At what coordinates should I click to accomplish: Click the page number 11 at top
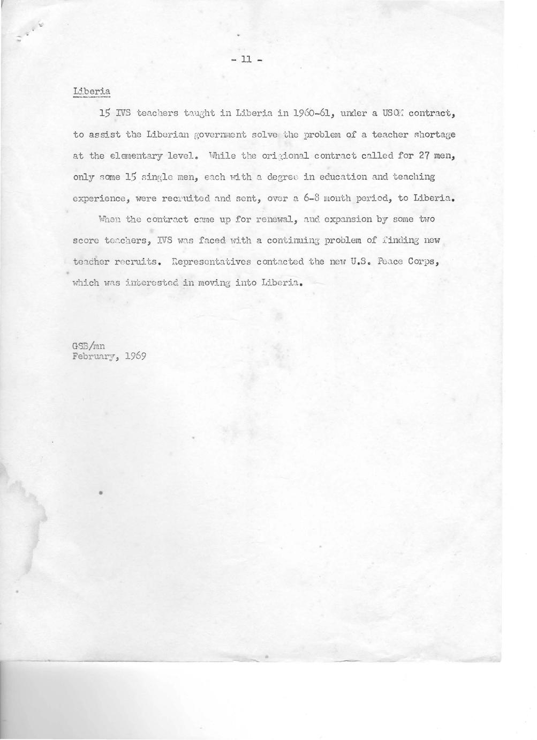[x=247, y=60]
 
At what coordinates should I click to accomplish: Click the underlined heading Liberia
[x=92, y=91]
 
